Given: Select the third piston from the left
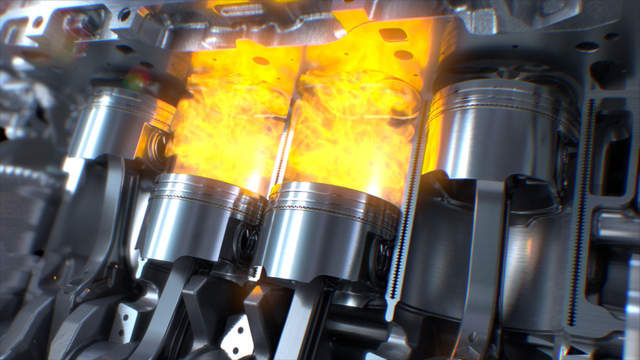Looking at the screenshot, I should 329,232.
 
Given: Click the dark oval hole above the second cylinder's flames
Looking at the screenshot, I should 261,61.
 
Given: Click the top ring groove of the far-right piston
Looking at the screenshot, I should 504,96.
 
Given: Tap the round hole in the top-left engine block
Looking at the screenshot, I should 124,14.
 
